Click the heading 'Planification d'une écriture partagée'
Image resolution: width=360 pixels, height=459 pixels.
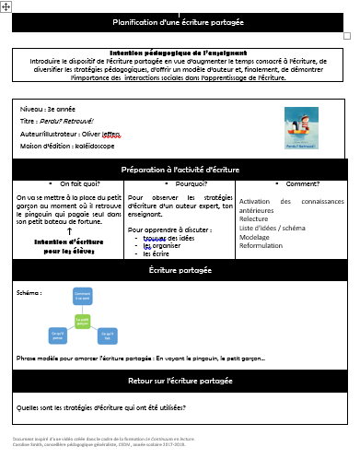[179, 22]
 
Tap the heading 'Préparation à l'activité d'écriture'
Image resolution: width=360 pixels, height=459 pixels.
[179, 171]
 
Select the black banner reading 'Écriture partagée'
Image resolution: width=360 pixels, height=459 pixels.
[179, 271]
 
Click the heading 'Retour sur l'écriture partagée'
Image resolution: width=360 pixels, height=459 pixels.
[179, 380]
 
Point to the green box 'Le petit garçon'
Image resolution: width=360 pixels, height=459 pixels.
[82, 321]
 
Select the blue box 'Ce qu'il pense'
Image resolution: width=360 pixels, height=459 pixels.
[58, 337]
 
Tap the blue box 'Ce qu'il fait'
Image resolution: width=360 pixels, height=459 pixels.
[106, 337]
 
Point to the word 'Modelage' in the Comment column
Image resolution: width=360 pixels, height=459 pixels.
[255, 237]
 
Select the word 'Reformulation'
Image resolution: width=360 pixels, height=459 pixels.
[261, 245]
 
